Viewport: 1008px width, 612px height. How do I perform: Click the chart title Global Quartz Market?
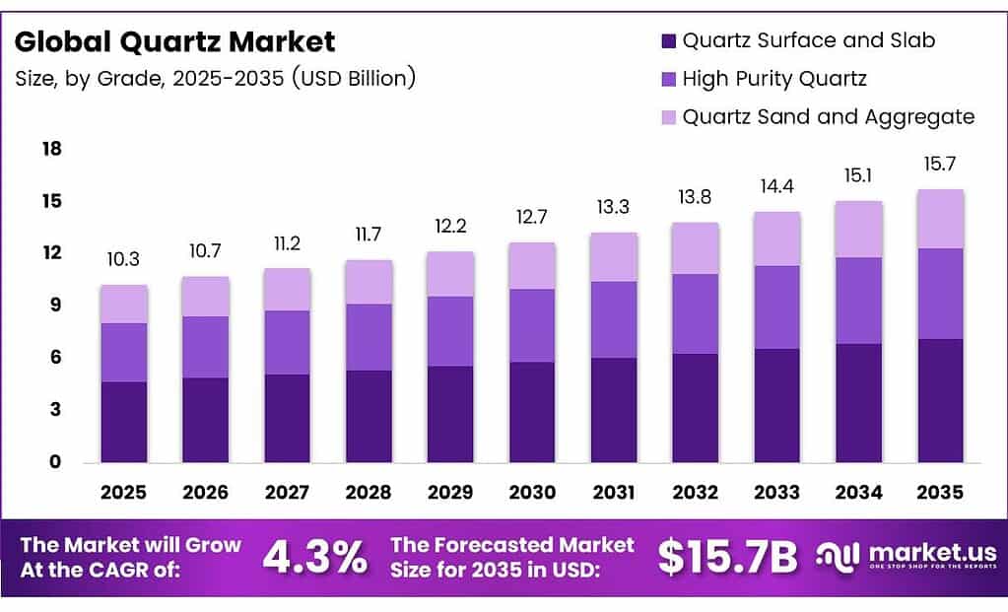(175, 41)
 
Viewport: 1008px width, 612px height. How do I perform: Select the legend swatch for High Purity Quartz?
(667, 79)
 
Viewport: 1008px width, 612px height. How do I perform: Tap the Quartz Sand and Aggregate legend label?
(828, 116)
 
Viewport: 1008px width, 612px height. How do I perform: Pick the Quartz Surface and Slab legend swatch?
(667, 40)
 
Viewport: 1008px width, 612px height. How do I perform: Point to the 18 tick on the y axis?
(52, 149)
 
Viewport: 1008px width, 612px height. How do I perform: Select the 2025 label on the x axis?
(124, 491)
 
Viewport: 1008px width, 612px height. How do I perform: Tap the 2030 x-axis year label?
(532, 491)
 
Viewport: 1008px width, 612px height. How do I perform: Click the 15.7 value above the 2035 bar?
(939, 165)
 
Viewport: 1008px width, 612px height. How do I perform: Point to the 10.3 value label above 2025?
(123, 260)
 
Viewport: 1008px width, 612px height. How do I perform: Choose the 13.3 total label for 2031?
(613, 208)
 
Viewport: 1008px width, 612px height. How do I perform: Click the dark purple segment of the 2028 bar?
(369, 416)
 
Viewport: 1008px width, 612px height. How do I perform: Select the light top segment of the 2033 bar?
(776, 238)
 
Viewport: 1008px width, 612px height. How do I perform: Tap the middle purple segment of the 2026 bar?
(205, 347)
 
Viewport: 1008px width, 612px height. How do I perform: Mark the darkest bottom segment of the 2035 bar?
(939, 400)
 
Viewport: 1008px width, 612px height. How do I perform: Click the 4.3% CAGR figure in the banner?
(314, 557)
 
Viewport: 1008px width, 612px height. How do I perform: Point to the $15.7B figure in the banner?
(727, 557)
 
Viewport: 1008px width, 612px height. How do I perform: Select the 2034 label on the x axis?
(857, 491)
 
